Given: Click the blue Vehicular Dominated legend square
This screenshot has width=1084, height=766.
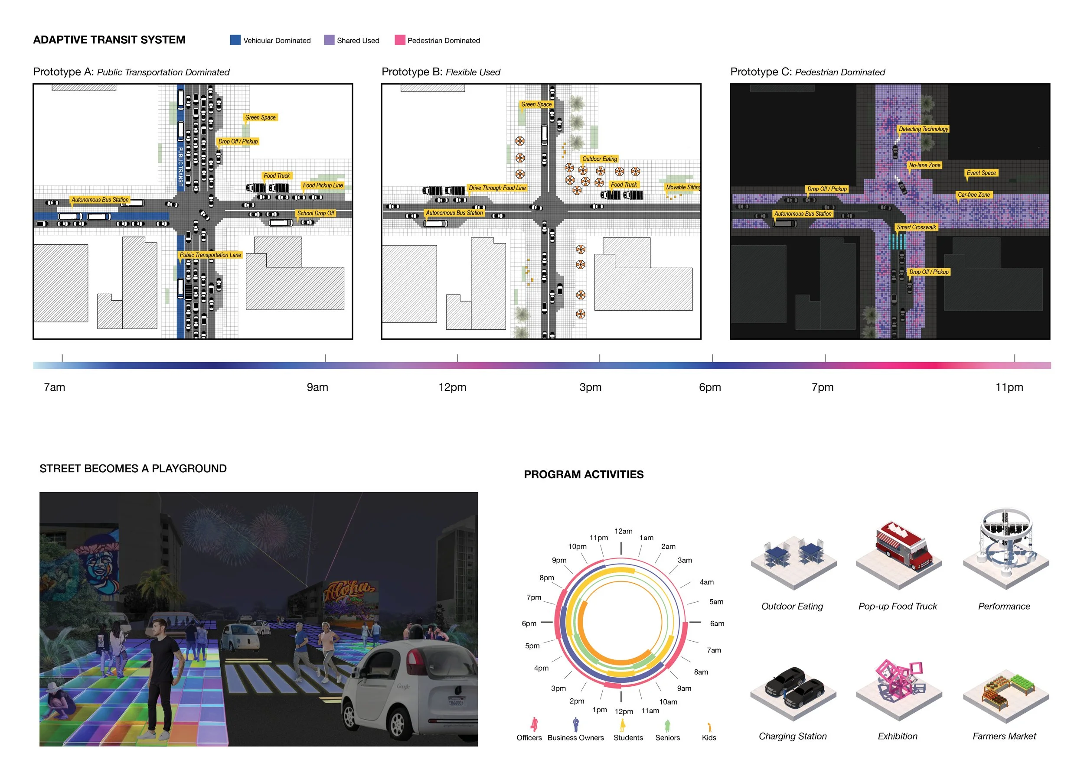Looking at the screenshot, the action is [235, 40].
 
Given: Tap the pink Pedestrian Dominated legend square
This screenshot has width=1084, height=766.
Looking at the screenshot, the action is [400, 40].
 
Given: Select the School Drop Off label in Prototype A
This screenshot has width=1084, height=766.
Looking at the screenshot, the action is [315, 213].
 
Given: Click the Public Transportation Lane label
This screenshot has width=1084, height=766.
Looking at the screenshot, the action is [210, 255].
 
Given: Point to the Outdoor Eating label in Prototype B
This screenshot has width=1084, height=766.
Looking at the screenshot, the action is [600, 159].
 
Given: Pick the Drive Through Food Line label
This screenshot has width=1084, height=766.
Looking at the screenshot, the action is [497, 188].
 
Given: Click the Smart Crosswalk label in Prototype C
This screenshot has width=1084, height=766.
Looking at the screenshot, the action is [916, 227].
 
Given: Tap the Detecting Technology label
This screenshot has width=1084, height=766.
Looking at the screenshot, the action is [923, 129].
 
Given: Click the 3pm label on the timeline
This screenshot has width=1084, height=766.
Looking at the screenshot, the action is [590, 387].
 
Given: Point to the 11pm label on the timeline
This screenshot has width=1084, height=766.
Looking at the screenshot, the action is [1009, 387].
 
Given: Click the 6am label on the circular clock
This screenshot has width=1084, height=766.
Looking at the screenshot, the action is [717, 623].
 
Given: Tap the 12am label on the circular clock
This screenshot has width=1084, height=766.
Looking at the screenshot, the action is [623, 531].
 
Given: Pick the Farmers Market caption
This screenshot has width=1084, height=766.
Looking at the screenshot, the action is [1004, 736].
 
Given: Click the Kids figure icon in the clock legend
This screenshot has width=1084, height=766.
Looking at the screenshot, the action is [709, 727].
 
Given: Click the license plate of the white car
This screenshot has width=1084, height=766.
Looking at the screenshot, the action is [456, 702].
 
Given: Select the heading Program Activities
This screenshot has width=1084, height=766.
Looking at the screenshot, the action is [584, 474].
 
